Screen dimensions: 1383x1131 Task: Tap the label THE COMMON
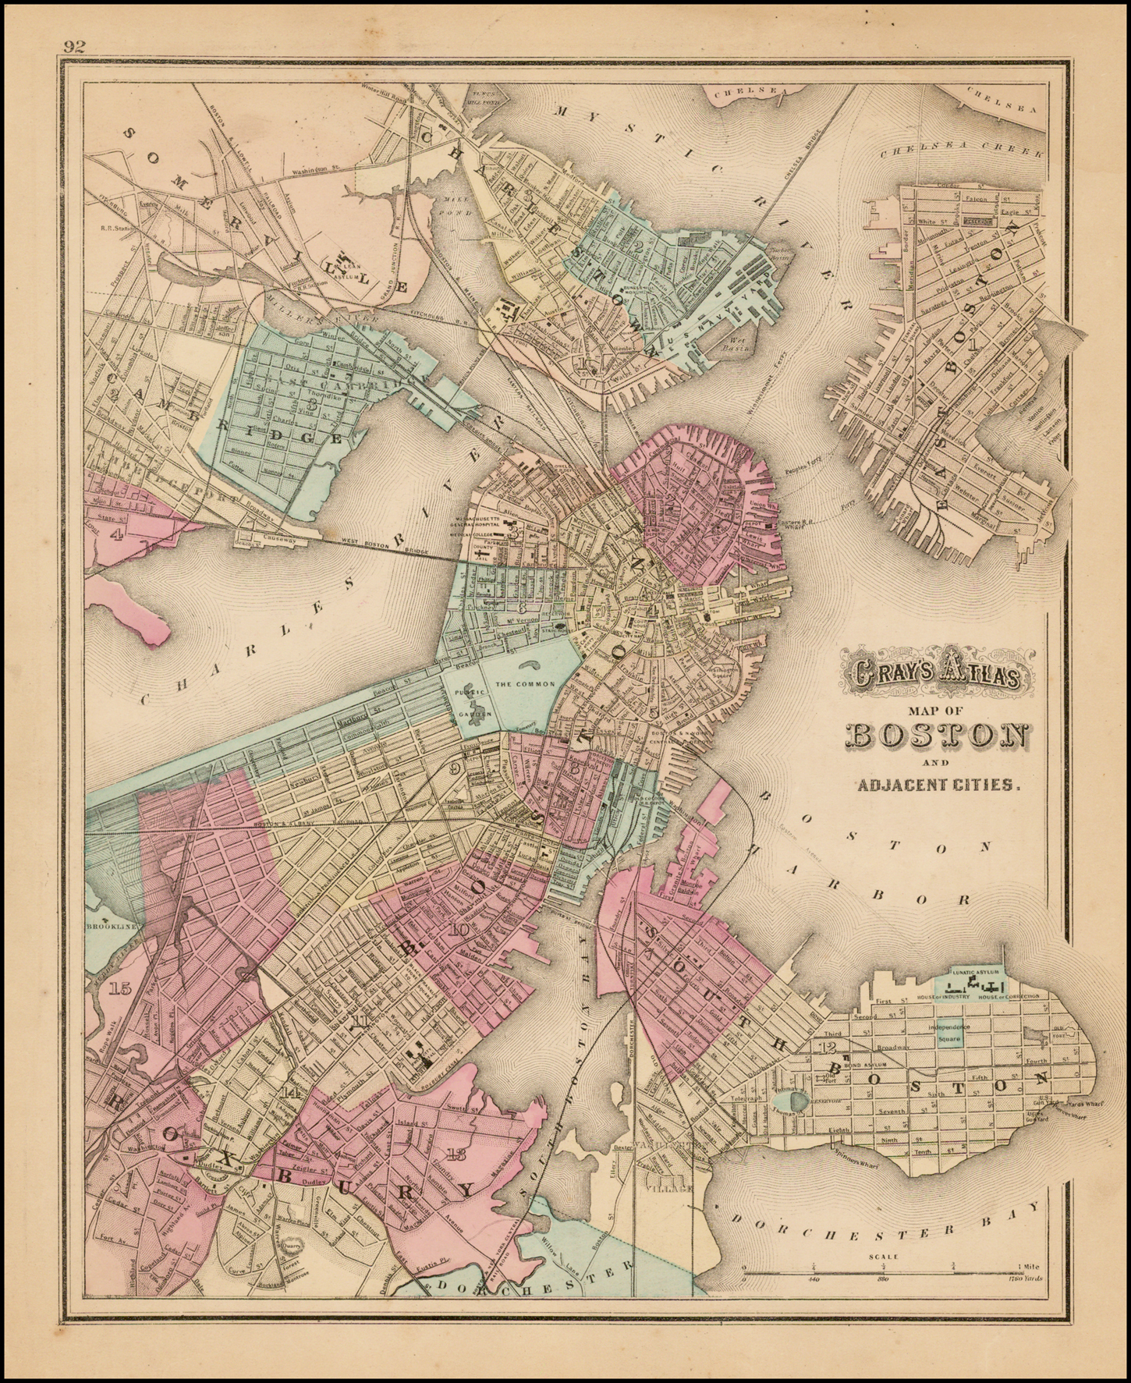click(x=525, y=683)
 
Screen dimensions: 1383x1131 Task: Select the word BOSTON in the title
click(x=936, y=736)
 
